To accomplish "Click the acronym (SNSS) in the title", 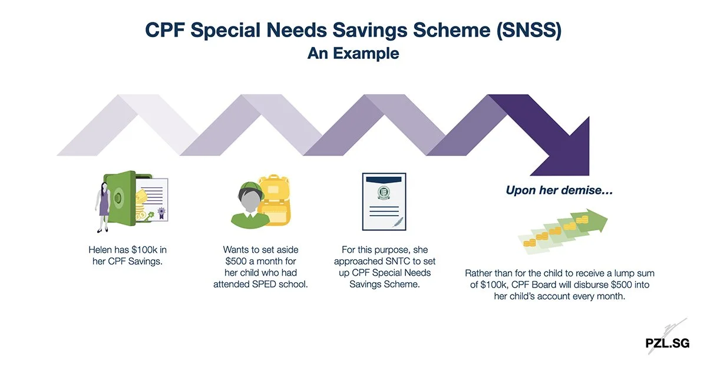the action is pyautogui.click(x=529, y=30).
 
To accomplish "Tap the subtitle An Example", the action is pyautogui.click(x=353, y=53).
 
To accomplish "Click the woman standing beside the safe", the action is pyautogui.click(x=103, y=207).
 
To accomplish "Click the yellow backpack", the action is pyautogui.click(x=274, y=200).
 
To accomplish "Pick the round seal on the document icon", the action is pyautogui.click(x=384, y=192).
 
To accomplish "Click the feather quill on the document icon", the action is pyautogui.click(x=398, y=222).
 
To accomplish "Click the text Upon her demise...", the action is pyautogui.click(x=559, y=190).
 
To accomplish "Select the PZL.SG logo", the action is pyautogui.click(x=667, y=343).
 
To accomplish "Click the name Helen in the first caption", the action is pyautogui.click(x=100, y=250).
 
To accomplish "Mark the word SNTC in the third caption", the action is pyautogui.click(x=401, y=261).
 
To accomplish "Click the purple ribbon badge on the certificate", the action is pyautogui.click(x=161, y=213).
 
